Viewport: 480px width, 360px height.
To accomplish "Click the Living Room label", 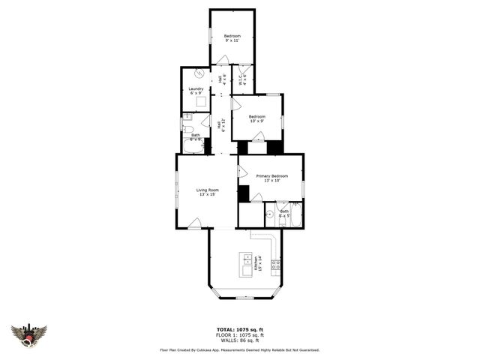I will point(207,192).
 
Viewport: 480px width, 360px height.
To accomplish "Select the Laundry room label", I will point(196,91).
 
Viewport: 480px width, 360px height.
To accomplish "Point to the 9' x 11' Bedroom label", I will point(232,38).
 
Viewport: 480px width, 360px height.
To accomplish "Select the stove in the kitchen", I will point(276,264).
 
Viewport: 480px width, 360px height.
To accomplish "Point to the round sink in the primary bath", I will point(268,214).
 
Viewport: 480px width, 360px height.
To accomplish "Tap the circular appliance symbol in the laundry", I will point(199,74).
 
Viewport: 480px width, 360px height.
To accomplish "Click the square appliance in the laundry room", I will point(201,103).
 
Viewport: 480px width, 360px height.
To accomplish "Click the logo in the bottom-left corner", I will point(28,334).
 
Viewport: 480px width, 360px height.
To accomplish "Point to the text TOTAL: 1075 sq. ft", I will point(239,329).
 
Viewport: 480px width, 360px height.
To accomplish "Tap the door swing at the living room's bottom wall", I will point(194,223).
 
